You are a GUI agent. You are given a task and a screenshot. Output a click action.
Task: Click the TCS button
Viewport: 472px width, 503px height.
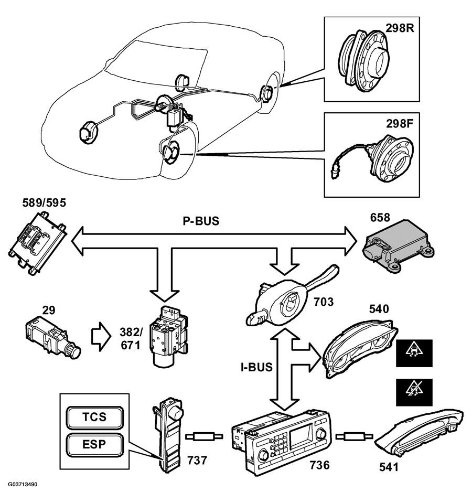click(94, 417)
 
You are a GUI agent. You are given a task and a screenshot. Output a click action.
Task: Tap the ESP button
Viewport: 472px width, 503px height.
click(94, 444)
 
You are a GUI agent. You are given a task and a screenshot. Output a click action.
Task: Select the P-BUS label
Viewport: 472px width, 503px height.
click(201, 221)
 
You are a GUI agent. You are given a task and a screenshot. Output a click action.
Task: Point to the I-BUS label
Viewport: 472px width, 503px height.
click(256, 367)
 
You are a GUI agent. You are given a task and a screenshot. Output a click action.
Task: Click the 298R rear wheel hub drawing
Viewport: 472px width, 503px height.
click(364, 61)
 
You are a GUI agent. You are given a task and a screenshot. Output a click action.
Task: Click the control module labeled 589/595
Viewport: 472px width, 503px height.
click(38, 243)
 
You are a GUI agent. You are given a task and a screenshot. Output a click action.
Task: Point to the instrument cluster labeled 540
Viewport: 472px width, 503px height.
click(360, 348)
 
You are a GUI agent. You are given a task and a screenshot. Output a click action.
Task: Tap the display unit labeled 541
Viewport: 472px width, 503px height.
click(419, 433)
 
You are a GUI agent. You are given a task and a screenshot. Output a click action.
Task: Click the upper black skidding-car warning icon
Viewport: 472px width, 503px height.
click(414, 353)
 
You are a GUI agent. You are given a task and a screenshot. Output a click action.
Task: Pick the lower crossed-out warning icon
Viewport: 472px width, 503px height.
click(414, 392)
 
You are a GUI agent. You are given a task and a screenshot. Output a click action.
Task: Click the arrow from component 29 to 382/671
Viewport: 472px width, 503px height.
click(101, 337)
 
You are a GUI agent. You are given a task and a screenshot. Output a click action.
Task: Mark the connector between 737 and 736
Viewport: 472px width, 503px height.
click(204, 436)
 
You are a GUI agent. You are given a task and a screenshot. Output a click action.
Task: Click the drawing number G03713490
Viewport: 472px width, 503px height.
click(23, 484)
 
